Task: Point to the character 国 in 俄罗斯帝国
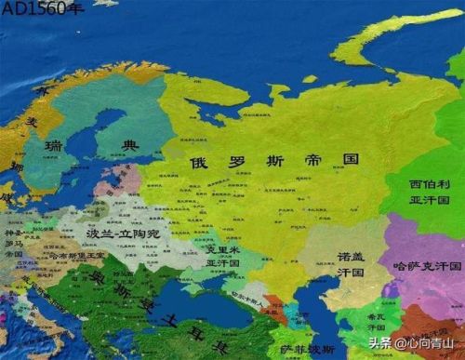349,159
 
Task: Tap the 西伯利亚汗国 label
428,192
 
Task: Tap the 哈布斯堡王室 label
69,255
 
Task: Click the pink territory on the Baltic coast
130,179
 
